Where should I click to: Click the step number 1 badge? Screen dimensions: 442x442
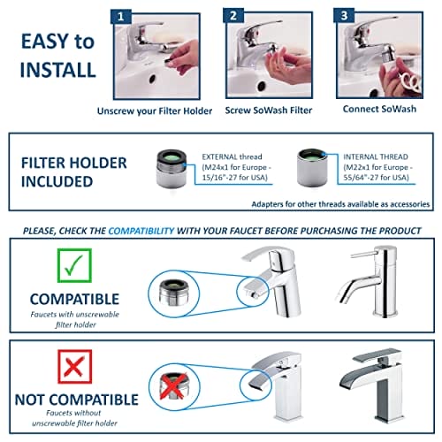[x=121, y=17]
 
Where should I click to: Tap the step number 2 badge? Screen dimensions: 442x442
[x=233, y=16]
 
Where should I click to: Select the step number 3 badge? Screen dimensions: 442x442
[x=344, y=15]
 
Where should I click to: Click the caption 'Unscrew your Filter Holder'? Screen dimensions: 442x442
[x=155, y=111]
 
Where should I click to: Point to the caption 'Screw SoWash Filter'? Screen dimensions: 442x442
[x=269, y=110]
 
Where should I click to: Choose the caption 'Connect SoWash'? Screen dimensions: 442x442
[x=379, y=109]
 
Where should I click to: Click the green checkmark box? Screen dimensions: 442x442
[x=74, y=265]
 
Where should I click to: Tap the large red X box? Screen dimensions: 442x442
[x=75, y=367]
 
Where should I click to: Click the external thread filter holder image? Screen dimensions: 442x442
[x=171, y=169]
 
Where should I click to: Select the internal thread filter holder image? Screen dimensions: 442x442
[x=312, y=168]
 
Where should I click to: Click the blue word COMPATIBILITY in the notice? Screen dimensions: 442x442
[x=141, y=231]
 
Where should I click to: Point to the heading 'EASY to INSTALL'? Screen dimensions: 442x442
[x=58, y=56]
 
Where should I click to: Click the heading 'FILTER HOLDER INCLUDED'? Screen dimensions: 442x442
[x=74, y=172]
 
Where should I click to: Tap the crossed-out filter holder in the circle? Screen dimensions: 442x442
[x=173, y=386]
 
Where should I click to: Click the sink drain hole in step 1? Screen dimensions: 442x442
[x=152, y=79]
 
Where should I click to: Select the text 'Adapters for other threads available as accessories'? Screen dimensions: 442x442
[x=340, y=204]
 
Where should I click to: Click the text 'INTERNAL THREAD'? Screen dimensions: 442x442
[x=376, y=156]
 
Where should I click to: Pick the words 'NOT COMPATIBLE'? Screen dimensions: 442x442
[x=77, y=400]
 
